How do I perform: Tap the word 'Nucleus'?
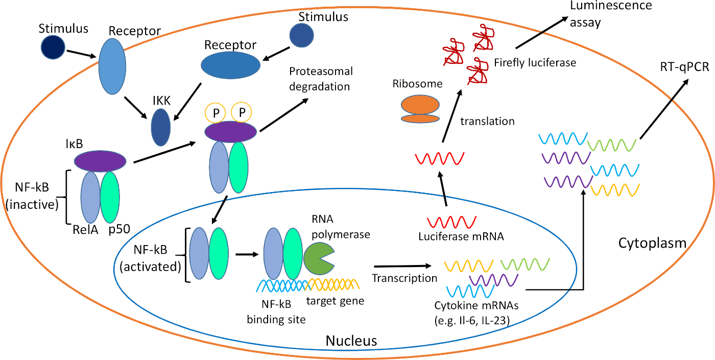pos(351,340)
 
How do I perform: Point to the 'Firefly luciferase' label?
pos(535,63)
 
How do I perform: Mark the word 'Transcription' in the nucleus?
pos(404,278)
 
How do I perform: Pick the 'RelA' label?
pos(85,229)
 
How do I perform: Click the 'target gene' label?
pos(335,301)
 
